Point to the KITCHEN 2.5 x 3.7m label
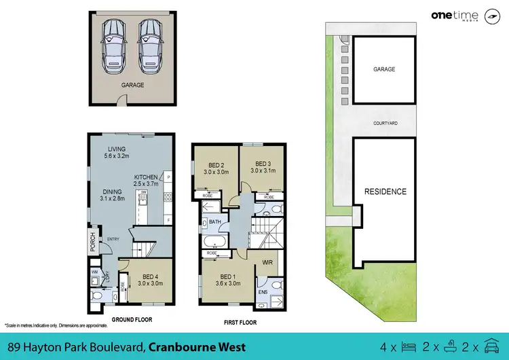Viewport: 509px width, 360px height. (146, 180)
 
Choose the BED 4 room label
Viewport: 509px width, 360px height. (149, 280)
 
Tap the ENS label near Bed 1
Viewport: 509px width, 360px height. (263, 293)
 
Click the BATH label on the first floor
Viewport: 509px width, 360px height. (215, 222)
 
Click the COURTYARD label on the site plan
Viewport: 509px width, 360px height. (385, 123)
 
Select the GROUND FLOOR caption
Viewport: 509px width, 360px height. (132, 319)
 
